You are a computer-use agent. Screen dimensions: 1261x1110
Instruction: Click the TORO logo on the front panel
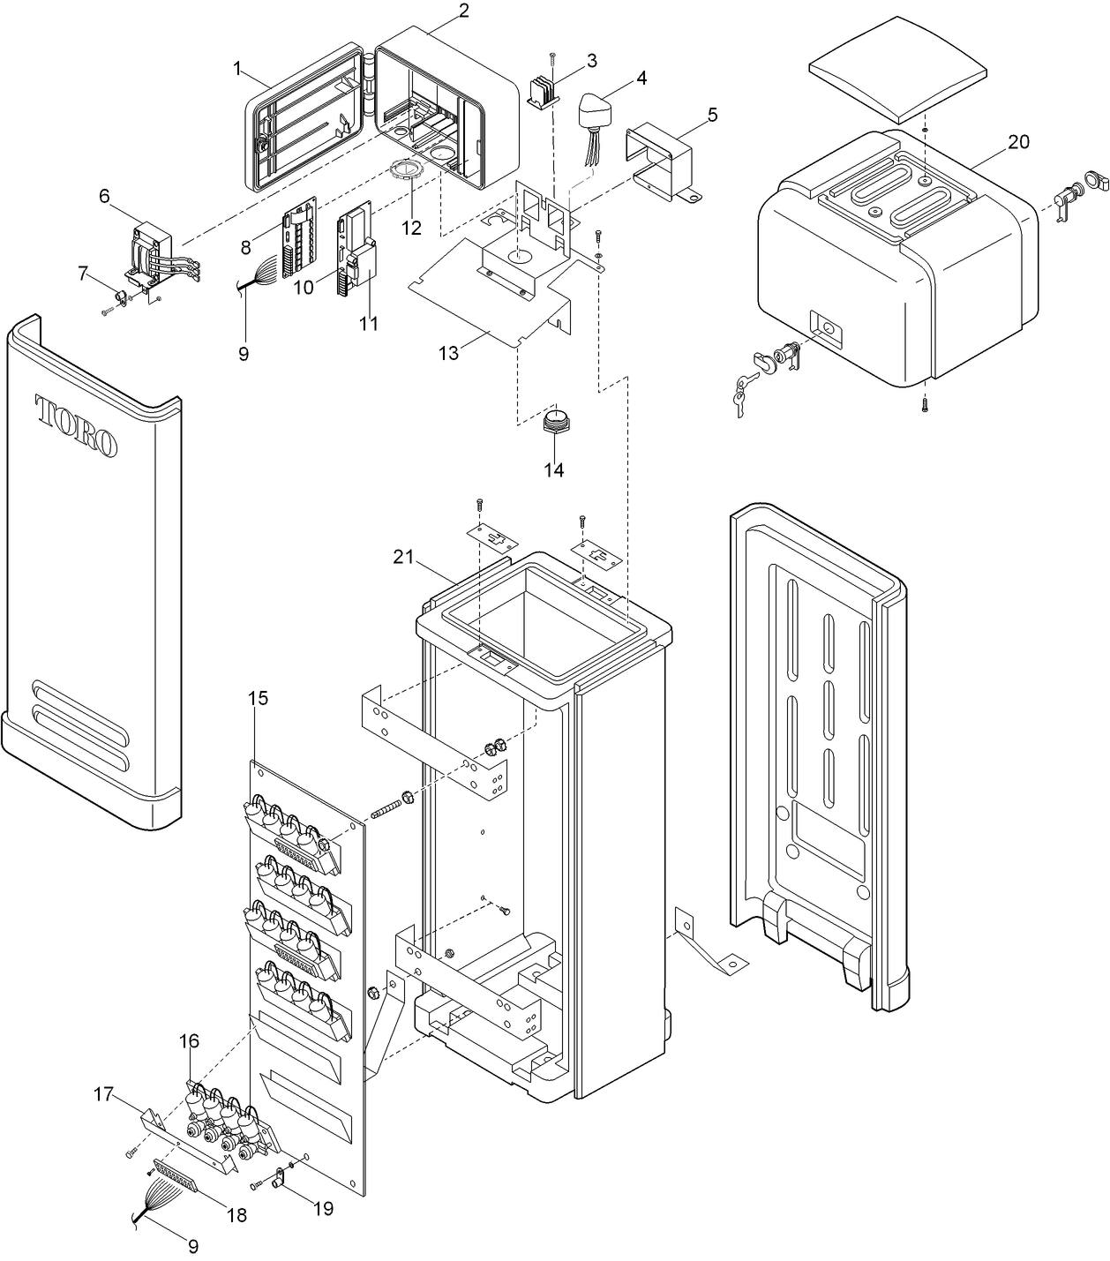coord(77,426)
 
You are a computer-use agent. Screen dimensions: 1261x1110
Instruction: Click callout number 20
coord(1018,142)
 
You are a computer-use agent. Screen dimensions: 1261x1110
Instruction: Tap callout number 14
coord(553,469)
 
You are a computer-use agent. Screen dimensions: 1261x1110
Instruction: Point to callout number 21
coord(403,556)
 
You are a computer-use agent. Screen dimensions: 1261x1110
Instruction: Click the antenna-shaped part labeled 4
coord(596,112)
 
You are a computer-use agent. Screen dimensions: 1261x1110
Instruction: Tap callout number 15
coord(258,698)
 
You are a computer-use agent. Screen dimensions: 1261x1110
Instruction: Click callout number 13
coord(448,352)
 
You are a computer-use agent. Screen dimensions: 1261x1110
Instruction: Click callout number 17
coord(104,1095)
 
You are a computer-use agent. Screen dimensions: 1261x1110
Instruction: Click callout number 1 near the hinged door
coord(236,68)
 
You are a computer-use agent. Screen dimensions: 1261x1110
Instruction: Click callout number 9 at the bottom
coord(193,1246)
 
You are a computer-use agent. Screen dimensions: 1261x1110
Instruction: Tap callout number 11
coord(369,324)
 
